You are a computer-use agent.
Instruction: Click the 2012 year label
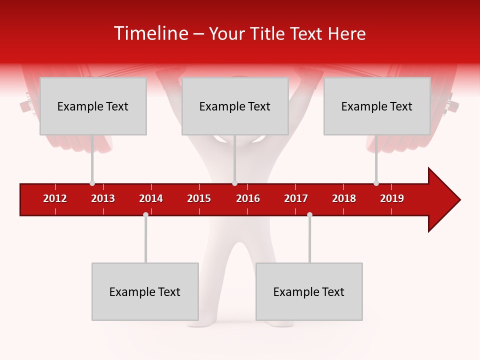coord(55,198)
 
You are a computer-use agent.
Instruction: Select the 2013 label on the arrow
coord(103,198)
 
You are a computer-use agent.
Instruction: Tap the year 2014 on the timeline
coord(151,198)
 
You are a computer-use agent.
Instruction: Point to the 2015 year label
coord(199,198)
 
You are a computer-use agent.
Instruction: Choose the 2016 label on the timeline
coord(248,198)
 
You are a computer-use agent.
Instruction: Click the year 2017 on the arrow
coord(296,198)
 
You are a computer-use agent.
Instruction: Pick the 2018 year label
coord(344,198)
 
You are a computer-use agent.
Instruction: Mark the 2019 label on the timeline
coord(392,198)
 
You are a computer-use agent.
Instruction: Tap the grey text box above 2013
coord(93,106)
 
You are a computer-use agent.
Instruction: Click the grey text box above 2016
coord(235,106)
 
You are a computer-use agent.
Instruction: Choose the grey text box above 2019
coord(377,106)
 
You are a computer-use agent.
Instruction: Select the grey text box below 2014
coord(145,291)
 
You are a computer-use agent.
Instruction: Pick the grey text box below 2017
coord(309,291)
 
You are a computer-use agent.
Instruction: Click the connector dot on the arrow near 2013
coord(92,183)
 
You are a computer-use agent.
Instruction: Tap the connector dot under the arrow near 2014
coord(145,214)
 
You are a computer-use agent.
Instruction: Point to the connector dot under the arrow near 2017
coord(309,214)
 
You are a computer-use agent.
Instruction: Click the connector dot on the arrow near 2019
coord(376,183)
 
